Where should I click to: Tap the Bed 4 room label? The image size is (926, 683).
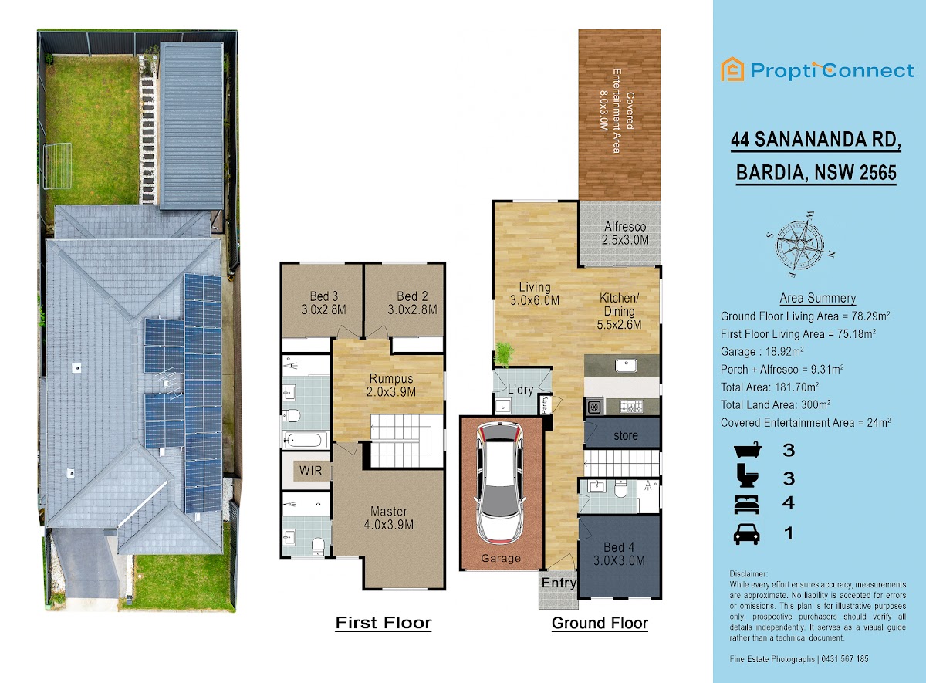coord(619,554)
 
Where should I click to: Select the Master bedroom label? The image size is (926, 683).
coord(389,518)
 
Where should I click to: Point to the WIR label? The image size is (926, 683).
coord(310,471)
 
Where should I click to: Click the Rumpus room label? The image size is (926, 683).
coord(391,385)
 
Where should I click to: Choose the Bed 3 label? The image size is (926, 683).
coord(323,303)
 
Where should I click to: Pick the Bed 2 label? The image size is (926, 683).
coord(412,303)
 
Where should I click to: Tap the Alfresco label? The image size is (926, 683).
coord(625,233)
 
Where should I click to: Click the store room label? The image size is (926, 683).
coord(626,436)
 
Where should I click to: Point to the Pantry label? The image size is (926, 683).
coord(545,404)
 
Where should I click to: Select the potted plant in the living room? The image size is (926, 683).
coord(505,355)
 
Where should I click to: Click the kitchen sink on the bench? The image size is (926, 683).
coord(626,366)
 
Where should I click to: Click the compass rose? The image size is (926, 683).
coord(799,245)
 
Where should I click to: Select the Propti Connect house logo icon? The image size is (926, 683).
coord(732,69)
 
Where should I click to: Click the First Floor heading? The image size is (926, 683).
coord(384,623)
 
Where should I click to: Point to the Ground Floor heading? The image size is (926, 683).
coord(600,623)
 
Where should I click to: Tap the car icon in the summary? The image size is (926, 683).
coord(747,534)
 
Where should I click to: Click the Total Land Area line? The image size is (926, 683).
coord(776,404)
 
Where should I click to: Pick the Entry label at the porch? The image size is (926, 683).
coord(559,583)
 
